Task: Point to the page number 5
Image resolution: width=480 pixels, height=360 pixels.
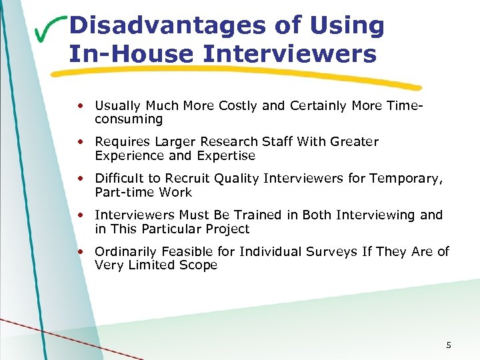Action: [x=449, y=345]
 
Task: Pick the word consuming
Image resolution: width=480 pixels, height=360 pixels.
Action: [x=129, y=119]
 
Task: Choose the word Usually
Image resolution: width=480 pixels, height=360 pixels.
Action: [x=117, y=105]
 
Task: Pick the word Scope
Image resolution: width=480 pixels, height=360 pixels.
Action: [x=197, y=265]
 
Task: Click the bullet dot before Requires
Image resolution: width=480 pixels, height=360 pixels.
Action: [x=80, y=142]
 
